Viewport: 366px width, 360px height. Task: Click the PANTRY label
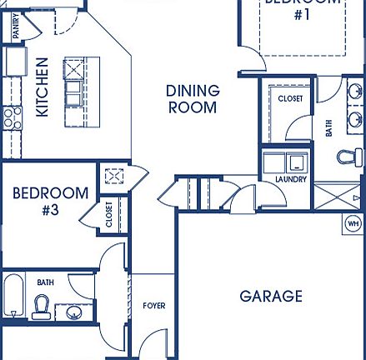pos(16,26)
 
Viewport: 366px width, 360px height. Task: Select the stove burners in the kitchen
pos(11,117)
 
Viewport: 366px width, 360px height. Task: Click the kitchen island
pos(75,91)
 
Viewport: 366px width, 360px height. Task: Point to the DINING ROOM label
pos(193,98)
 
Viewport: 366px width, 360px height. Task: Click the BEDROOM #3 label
pos(50,201)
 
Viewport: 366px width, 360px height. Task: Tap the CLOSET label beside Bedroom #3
pos(109,214)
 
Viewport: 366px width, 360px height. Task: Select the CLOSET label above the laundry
pos(290,99)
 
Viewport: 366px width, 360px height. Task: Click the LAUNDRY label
pos(290,179)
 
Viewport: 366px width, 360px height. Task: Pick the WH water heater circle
pos(353,224)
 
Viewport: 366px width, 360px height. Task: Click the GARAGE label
pos(271,296)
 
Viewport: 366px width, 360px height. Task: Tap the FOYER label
pos(153,306)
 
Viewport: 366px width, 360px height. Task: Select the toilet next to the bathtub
pos(41,307)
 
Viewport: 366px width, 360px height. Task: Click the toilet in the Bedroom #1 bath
pos(351,156)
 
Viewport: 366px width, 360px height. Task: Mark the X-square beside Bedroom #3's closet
pos(113,177)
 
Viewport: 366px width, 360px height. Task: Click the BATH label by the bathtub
pos(45,282)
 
